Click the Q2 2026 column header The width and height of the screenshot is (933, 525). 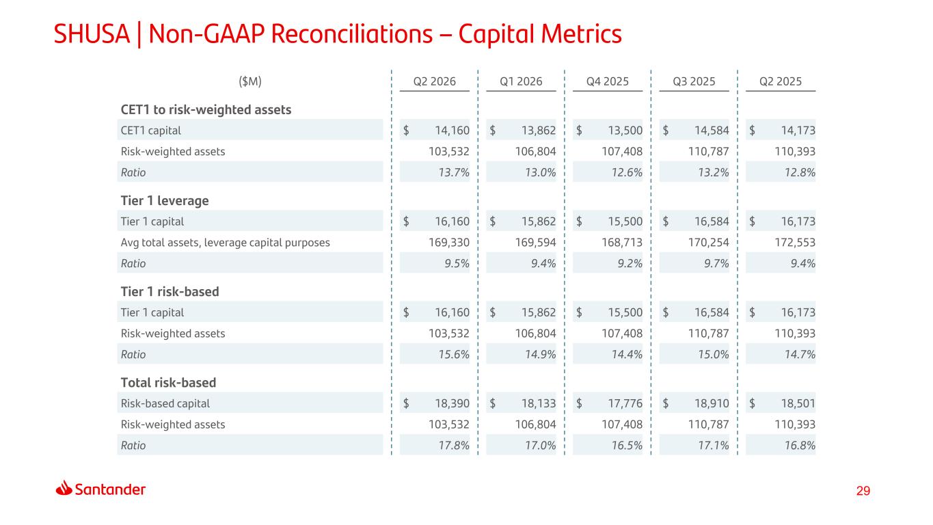point(435,81)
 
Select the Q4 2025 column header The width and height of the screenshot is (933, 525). point(608,81)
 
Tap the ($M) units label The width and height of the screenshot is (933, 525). point(250,81)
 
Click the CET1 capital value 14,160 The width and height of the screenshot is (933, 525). point(452,131)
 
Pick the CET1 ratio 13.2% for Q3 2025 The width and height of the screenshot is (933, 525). point(714,172)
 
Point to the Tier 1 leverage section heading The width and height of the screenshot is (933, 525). point(165,201)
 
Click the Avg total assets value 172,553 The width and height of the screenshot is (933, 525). point(795,243)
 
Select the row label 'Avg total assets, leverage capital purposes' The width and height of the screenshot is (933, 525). point(226,243)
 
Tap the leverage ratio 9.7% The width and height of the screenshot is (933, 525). point(716,263)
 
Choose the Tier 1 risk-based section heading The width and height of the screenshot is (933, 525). point(170,292)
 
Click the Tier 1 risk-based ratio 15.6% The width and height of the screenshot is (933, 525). point(454,355)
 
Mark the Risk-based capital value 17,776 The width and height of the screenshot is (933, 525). point(625,403)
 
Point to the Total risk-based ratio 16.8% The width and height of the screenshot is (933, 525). point(800,446)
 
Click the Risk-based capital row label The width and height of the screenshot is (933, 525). point(165,403)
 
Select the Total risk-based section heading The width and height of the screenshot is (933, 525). point(168,383)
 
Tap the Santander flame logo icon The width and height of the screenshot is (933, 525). point(64,487)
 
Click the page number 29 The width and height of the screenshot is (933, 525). point(863,491)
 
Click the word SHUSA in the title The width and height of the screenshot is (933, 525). point(92,33)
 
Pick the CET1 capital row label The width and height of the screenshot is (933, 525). point(151,131)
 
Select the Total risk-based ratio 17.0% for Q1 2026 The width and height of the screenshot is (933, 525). point(540,446)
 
